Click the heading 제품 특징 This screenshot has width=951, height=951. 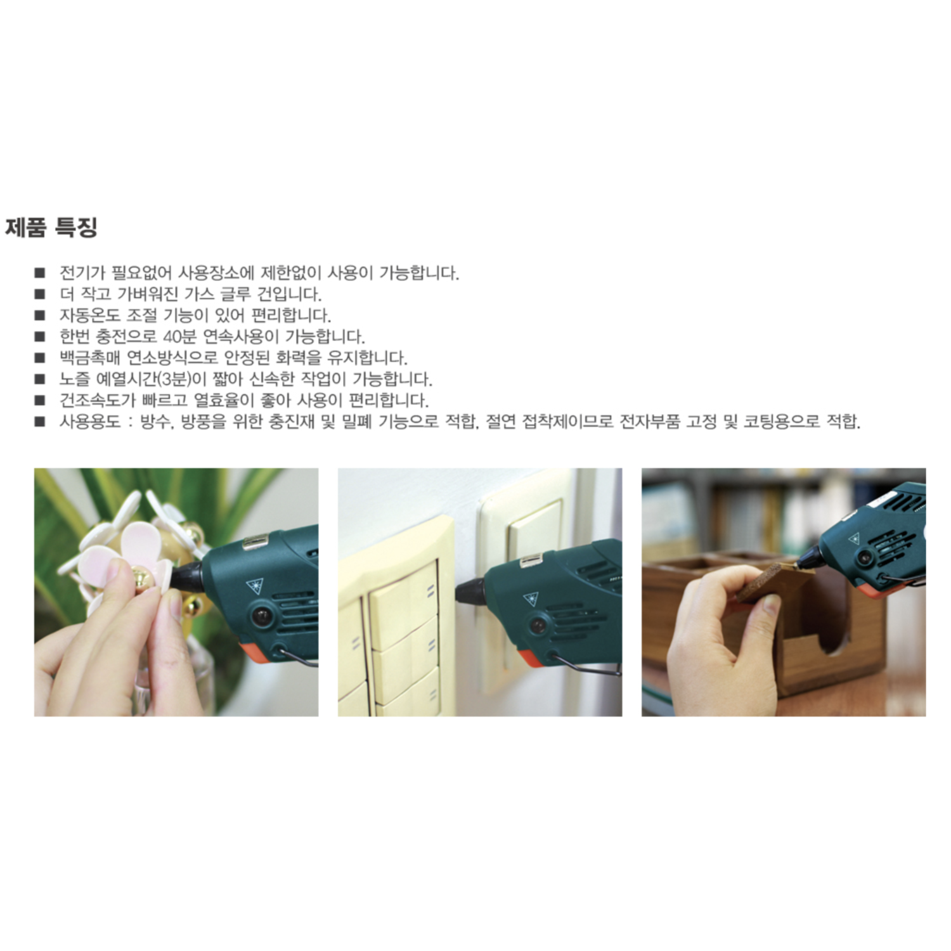click(51, 228)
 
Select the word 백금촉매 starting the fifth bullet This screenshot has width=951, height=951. click(89, 358)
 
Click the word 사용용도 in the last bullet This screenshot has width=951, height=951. click(89, 422)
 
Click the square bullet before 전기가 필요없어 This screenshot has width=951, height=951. click(40, 273)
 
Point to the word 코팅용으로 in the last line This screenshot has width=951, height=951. click(781, 422)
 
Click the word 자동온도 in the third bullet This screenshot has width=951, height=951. click(89, 316)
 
